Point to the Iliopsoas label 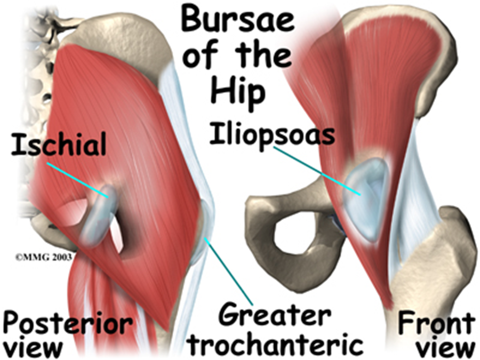(x=272, y=134)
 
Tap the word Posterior (x=66, y=323)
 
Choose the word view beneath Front (x=445, y=347)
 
